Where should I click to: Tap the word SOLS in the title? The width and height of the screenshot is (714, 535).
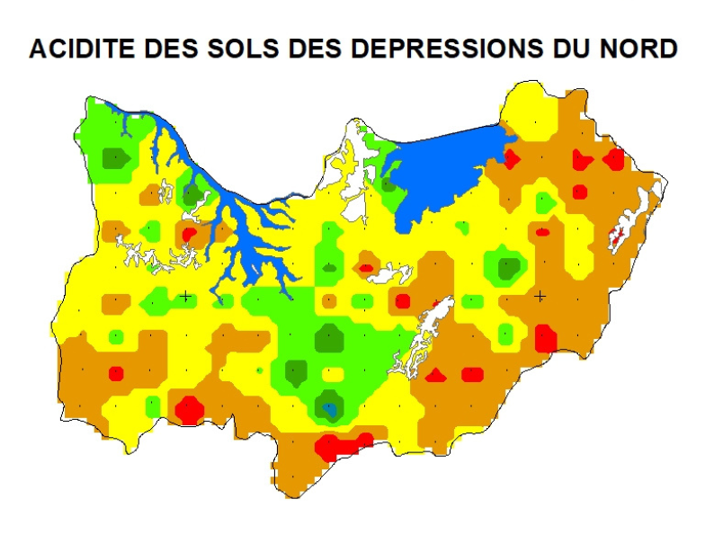(x=236, y=49)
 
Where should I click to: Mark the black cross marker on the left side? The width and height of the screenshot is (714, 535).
(x=185, y=296)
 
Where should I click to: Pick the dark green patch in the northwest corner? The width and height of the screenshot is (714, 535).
(x=115, y=158)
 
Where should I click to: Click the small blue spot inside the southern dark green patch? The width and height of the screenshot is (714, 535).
(x=330, y=410)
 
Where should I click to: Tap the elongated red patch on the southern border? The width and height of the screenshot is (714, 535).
(x=342, y=445)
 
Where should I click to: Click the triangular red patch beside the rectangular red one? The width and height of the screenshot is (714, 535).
(x=435, y=375)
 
